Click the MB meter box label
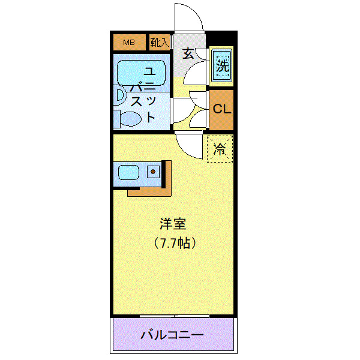129,43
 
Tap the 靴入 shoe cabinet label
159,43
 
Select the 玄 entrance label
187,53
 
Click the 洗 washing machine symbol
223,66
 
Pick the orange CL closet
221,110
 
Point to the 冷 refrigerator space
220,149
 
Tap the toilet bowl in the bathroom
130,118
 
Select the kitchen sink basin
128,173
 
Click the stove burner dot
154,172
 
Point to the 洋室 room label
173,225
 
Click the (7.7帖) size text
173,244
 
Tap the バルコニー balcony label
172,335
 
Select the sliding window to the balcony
174,316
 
